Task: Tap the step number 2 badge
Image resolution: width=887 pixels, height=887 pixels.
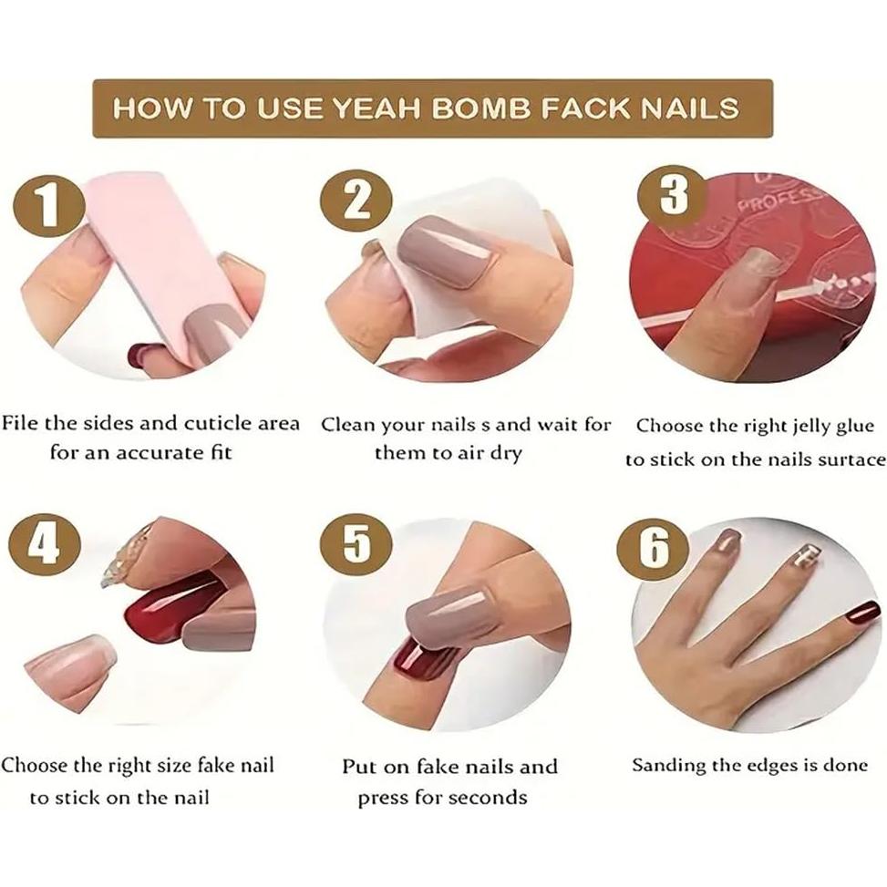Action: point(356,201)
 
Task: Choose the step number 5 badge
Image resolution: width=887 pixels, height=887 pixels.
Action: point(356,544)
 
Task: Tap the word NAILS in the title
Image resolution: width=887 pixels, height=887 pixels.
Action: point(688,108)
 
